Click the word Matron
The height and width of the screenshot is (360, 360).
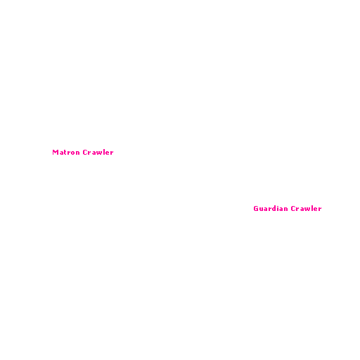(x=66, y=153)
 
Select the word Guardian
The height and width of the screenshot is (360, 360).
(x=271, y=208)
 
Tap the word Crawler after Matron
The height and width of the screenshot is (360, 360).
(x=98, y=153)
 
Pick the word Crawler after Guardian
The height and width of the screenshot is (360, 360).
(x=307, y=208)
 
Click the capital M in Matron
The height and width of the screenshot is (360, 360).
(x=56, y=153)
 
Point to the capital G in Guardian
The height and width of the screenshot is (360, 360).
(x=256, y=209)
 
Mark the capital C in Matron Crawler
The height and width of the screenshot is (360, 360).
(x=85, y=153)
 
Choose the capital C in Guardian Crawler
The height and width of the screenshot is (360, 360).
(x=293, y=209)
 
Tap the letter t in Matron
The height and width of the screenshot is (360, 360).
(x=65, y=153)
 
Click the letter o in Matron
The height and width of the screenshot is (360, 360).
(x=72, y=153)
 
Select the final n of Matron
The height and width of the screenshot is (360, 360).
(x=78, y=153)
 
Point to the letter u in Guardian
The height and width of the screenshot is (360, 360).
(x=262, y=209)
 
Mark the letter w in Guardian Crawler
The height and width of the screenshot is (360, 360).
(x=309, y=209)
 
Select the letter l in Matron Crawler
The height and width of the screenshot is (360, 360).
(x=105, y=153)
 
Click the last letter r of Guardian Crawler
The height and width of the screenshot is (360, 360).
(x=320, y=209)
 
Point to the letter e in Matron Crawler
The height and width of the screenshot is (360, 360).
(x=108, y=153)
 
